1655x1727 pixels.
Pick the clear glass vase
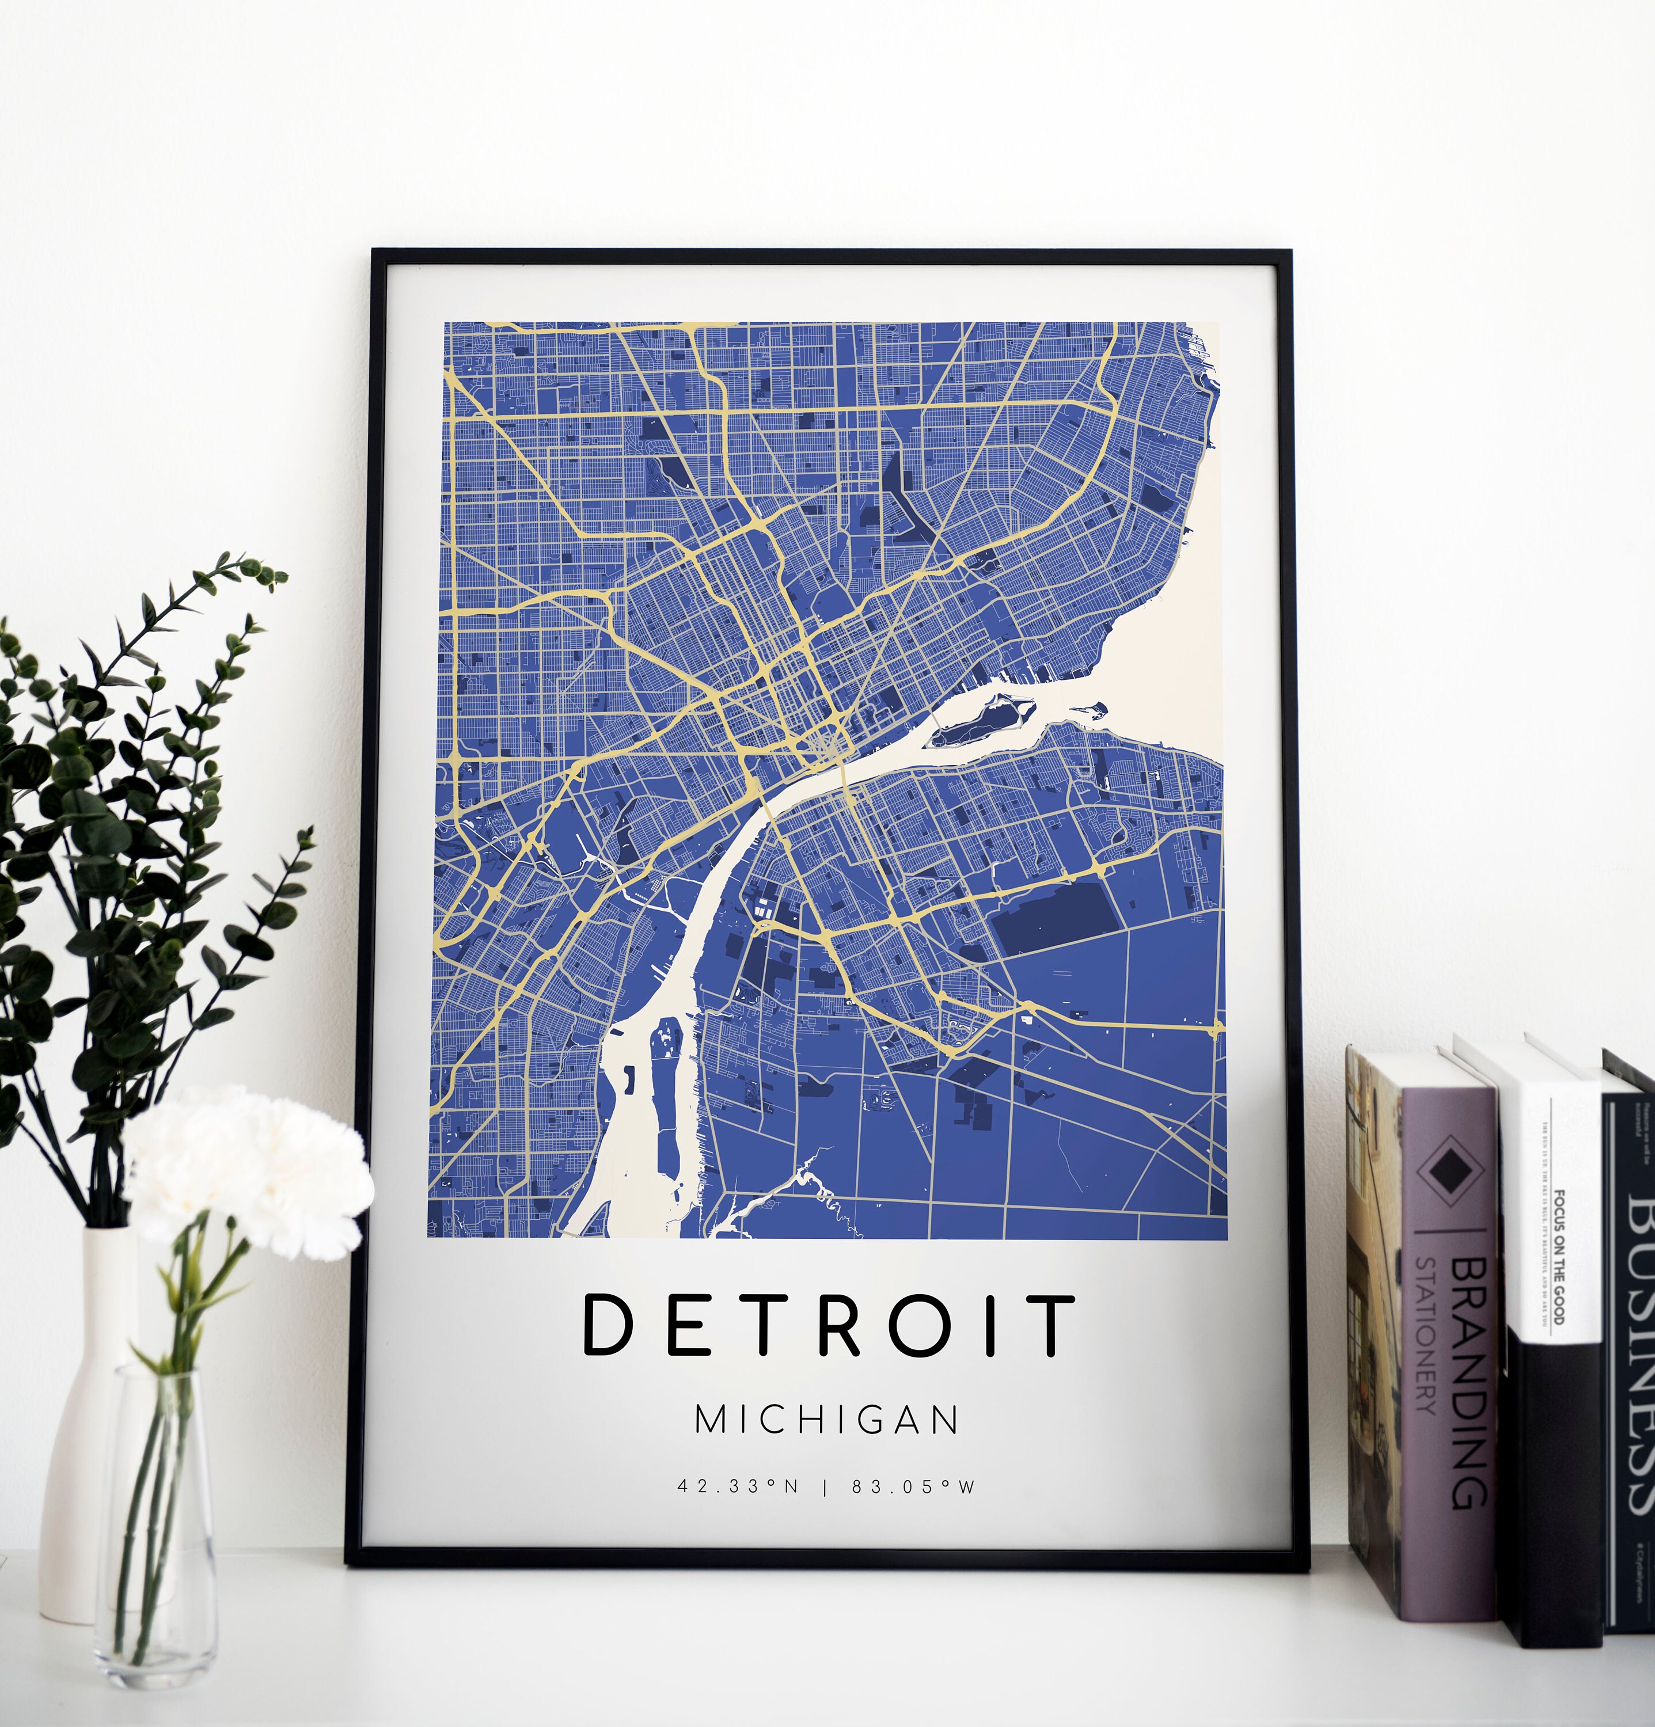click(156, 1551)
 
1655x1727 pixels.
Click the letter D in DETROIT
click(608, 1325)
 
